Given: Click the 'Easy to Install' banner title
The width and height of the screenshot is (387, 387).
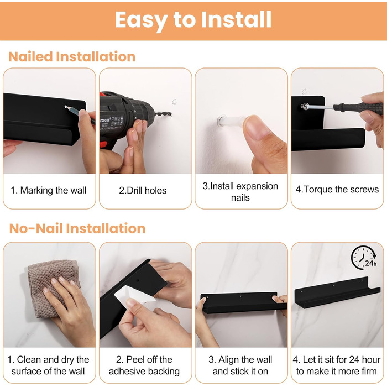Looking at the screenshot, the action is click(193, 20).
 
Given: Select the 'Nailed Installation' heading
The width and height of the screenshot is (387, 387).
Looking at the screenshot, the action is click(72, 56).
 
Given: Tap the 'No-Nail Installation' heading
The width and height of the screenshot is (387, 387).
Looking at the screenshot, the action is click(77, 228).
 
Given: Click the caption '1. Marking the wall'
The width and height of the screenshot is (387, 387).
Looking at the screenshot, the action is click(49, 190).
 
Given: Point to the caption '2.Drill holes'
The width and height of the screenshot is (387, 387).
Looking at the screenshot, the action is click(143, 191).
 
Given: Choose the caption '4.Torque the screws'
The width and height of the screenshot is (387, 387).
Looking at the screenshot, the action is click(337, 189).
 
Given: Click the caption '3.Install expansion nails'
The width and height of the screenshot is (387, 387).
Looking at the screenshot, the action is click(240, 192).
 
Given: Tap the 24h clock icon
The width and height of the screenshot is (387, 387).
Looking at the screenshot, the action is click(364, 257).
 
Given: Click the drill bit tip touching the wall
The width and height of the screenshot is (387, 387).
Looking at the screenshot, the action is click(170, 114).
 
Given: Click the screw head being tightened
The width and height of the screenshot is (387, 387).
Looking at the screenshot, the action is click(305, 106).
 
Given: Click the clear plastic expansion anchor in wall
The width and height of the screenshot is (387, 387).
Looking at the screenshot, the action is click(229, 121).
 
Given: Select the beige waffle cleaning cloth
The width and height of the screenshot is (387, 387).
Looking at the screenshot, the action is click(53, 287).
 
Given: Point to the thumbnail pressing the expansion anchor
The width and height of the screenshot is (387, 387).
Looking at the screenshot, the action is click(257, 128).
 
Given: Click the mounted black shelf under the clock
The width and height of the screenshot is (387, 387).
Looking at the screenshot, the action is click(337, 292).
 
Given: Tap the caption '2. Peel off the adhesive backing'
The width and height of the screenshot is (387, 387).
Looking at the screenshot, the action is click(144, 365).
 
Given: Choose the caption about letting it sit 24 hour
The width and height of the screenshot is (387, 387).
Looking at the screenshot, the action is click(337, 365).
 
